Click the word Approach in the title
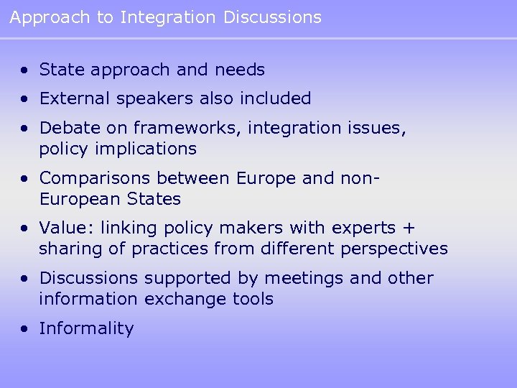pos(50,17)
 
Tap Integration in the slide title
pos(167,17)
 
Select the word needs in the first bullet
pos(240,70)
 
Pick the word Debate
pos(65,128)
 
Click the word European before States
pos(76,199)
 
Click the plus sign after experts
pos(409,228)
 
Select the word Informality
pos(86,329)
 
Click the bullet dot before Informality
pos(25,329)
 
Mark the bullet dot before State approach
pos(25,70)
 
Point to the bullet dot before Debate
pos(25,128)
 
